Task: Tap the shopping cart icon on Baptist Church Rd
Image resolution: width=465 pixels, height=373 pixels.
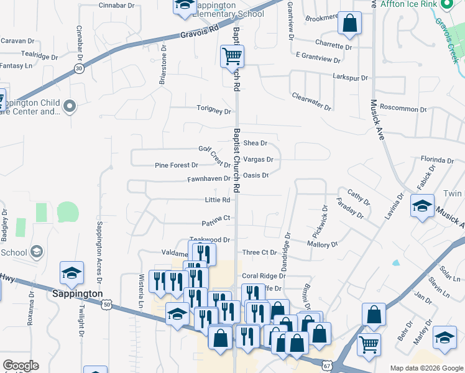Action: [232, 57]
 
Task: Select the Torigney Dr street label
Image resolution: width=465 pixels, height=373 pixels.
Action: [214, 111]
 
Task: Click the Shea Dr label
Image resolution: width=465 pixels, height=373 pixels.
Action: [255, 143]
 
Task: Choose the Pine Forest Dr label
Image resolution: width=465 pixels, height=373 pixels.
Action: [177, 165]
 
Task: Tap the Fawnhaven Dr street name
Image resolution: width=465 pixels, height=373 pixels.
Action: [209, 179]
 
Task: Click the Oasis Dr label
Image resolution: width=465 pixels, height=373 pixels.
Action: [256, 175]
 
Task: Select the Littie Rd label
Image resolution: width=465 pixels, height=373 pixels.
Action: [218, 200]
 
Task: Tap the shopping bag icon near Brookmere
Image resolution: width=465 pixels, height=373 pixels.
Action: [350, 24]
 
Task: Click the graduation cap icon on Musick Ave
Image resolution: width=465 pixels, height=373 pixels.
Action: [422, 206]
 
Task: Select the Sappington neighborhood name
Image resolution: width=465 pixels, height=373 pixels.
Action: [77, 293]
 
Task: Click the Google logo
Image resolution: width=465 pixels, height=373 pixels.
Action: [21, 366]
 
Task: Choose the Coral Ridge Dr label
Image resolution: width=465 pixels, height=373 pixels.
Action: [264, 276]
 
